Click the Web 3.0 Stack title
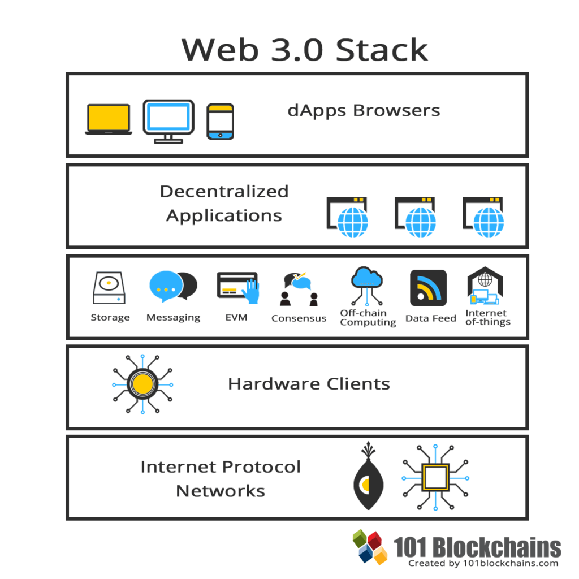pyautogui.click(x=305, y=50)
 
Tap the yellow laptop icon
pyautogui.click(x=109, y=119)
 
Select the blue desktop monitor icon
pyautogui.click(x=168, y=119)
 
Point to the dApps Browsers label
pyautogui.click(x=364, y=110)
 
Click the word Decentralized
pyautogui.click(x=224, y=191)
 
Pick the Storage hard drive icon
pyautogui.click(x=109, y=288)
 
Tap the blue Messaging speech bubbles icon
pyautogui.click(x=173, y=286)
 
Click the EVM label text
pyautogui.click(x=236, y=317)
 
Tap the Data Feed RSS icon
pyautogui.click(x=428, y=288)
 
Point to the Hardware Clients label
pyautogui.click(x=309, y=384)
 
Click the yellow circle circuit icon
pyautogui.click(x=142, y=384)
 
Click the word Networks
pyautogui.click(x=221, y=490)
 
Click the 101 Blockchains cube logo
pyautogui.click(x=370, y=546)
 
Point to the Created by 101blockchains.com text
pyautogui.click(x=483, y=563)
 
